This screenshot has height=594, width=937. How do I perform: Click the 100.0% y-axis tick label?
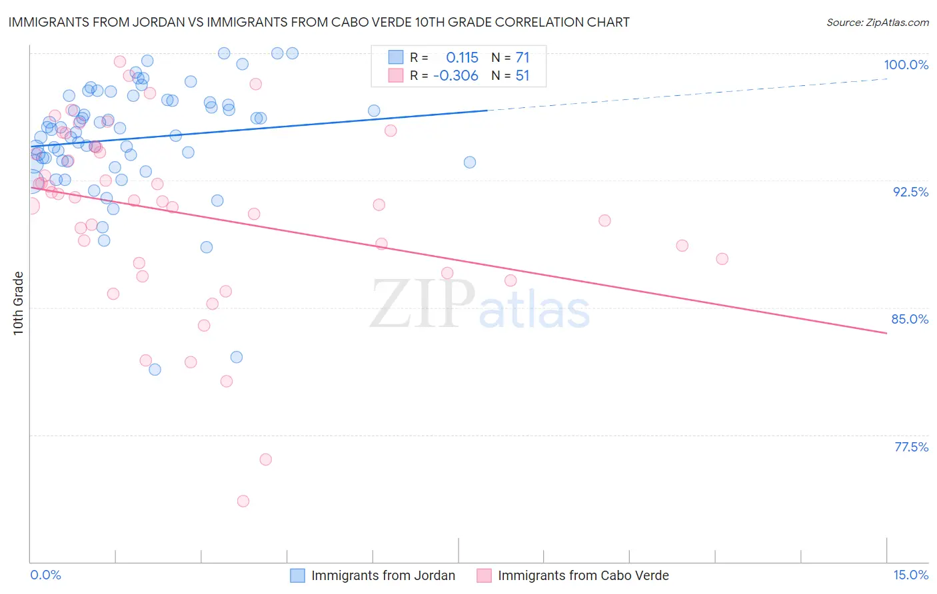[906, 65]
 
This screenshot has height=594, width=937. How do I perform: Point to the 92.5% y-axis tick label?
[910, 192]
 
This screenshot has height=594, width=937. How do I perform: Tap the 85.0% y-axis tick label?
[910, 319]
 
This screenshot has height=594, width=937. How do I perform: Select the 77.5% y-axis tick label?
[911, 447]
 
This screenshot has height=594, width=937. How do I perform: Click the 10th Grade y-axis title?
[19, 303]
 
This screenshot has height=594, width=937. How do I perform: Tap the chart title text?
[319, 22]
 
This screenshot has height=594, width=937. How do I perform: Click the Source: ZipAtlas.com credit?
[877, 23]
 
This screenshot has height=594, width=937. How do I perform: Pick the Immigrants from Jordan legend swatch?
[297, 576]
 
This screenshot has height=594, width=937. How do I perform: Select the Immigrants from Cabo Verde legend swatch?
[484, 576]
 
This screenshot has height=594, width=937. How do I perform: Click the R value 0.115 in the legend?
[462, 58]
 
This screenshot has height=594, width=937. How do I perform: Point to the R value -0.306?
[455, 76]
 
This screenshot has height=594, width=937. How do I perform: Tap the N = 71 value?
[510, 58]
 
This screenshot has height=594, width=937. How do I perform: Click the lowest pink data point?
[243, 501]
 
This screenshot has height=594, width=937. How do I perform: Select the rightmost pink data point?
[722, 258]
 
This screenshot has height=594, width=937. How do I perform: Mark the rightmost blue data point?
[470, 162]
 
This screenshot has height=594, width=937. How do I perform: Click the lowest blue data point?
[155, 370]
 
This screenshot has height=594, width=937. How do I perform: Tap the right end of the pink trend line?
[886, 333]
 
